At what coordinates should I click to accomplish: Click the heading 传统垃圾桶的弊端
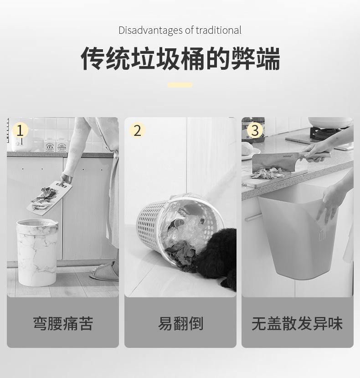[180, 58]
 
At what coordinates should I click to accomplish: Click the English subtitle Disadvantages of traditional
[180, 31]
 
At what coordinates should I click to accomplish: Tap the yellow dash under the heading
[180, 85]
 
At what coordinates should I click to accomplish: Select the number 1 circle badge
[20, 130]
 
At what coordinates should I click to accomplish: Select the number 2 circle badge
[137, 130]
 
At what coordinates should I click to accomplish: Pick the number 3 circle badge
[255, 130]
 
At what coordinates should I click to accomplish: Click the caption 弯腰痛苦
[63, 324]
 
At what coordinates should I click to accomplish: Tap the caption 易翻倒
[180, 324]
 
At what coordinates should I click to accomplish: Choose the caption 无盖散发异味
[297, 324]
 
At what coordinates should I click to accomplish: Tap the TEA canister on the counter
[50, 145]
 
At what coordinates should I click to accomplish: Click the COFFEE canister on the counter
[62, 145]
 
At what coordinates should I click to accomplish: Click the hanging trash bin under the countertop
[299, 232]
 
